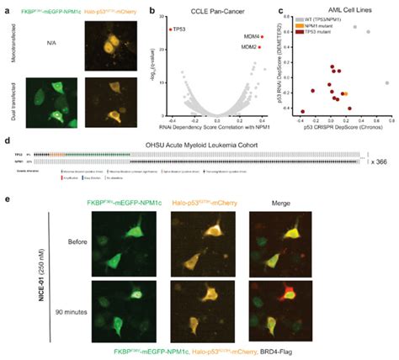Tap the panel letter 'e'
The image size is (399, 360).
[8, 198]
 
